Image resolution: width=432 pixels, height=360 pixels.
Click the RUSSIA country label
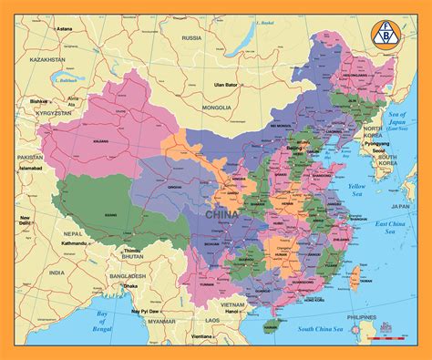[191, 38]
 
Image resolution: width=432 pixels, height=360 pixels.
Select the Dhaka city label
[132, 286]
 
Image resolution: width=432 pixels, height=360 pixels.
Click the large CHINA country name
[224, 214]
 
